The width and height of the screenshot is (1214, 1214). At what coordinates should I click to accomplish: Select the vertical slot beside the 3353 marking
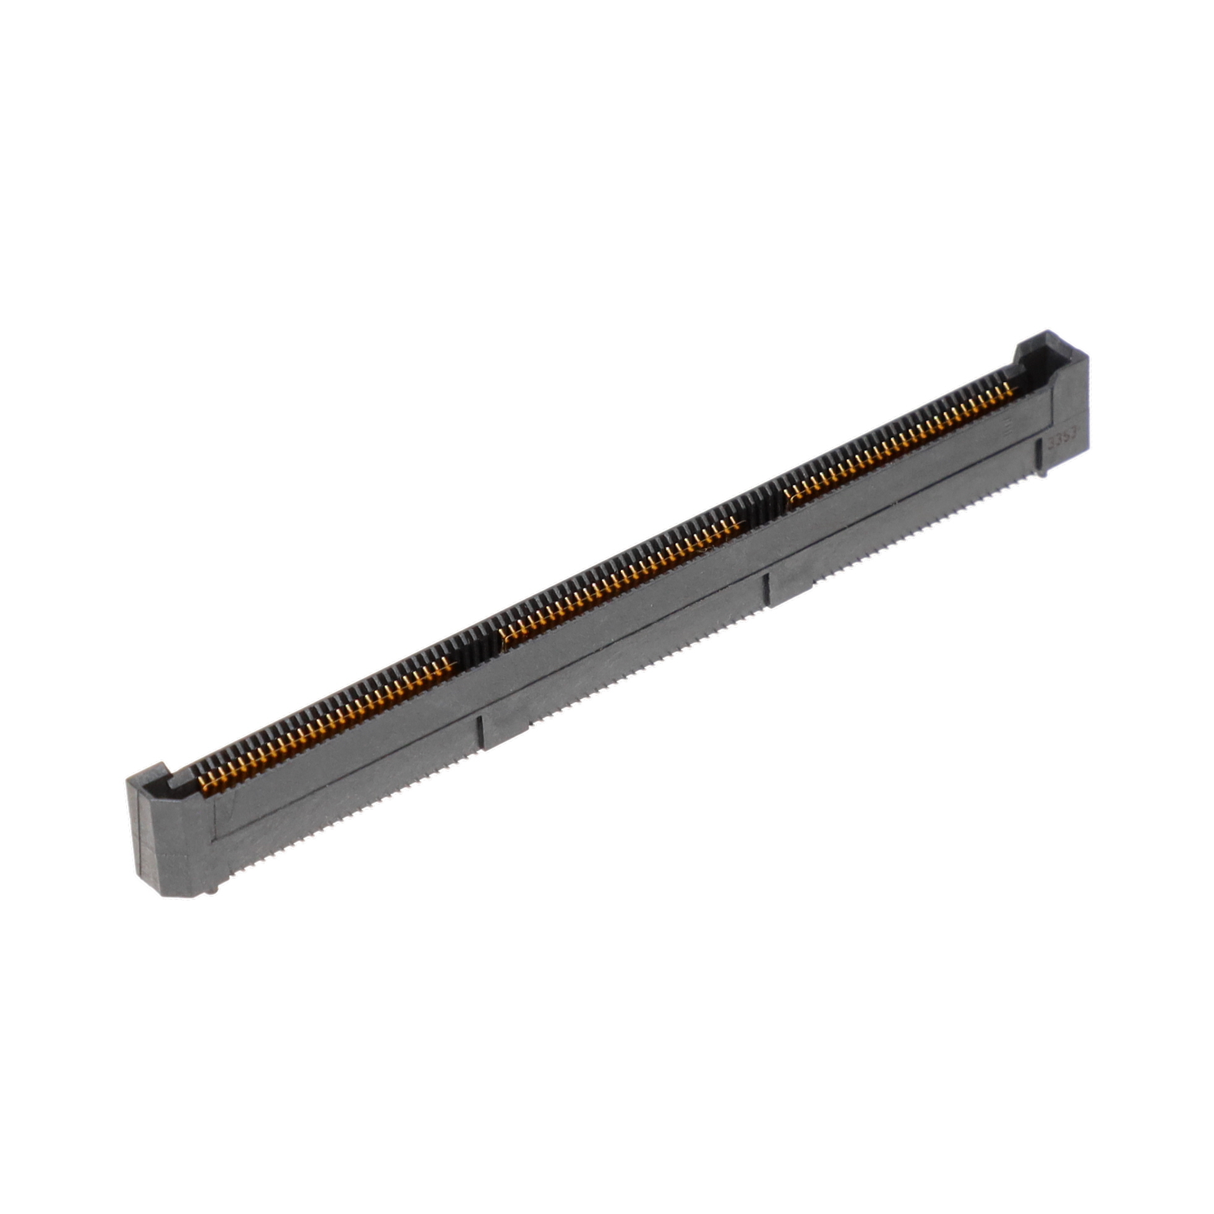1041,451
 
